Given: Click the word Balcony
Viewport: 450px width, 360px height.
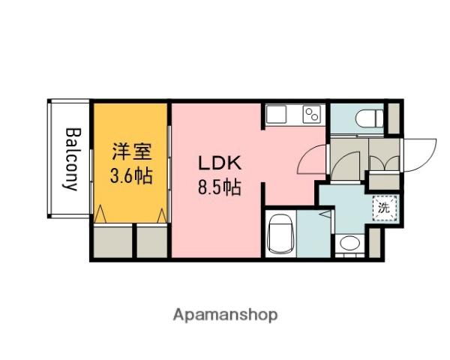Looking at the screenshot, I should coord(72,159).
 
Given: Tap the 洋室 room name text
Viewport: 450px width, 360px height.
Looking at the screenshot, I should coord(132,151).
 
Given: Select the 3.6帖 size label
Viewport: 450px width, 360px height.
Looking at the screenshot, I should coord(132,177).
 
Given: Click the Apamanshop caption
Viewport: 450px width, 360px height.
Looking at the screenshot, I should coord(225,314).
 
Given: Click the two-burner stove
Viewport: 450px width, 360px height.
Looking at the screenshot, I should coord(310,114).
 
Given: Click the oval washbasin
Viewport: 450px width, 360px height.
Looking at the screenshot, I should coord(348,244).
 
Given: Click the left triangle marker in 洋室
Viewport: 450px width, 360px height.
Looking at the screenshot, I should coord(102,215).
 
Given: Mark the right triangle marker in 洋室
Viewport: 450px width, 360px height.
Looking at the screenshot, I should coord(161,215).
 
